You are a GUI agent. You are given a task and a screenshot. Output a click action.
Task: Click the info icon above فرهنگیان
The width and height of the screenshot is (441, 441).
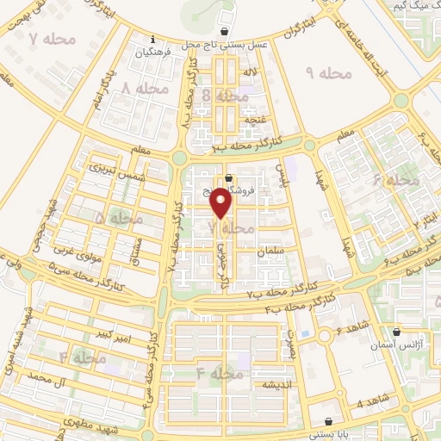click(x=152, y=39)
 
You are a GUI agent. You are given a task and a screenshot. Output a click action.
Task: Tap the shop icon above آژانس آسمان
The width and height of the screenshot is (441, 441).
click(x=396, y=332)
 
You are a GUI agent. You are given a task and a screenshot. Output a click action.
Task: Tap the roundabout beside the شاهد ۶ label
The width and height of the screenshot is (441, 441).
click(x=326, y=336)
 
